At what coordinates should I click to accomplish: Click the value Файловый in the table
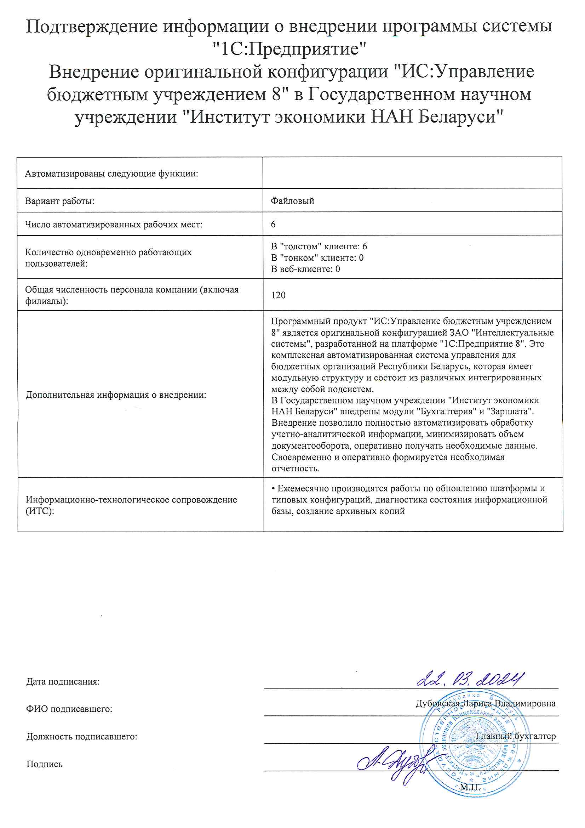tap(292, 201)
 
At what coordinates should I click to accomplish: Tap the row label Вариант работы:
tap(59, 201)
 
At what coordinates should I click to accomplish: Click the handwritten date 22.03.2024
tap(470, 679)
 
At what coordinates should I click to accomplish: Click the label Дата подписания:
tap(63, 682)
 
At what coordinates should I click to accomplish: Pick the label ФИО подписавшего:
tap(69, 709)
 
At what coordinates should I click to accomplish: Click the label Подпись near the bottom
tap(44, 764)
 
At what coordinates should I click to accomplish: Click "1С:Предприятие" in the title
tap(289, 49)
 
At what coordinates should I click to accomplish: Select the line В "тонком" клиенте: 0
tap(317, 258)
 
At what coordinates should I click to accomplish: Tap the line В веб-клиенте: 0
tap(305, 269)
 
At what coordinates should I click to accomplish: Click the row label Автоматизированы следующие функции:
tap(111, 174)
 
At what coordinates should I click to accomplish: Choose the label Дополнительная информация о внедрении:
tap(116, 395)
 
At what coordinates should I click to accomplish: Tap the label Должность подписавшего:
tap(82, 736)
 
